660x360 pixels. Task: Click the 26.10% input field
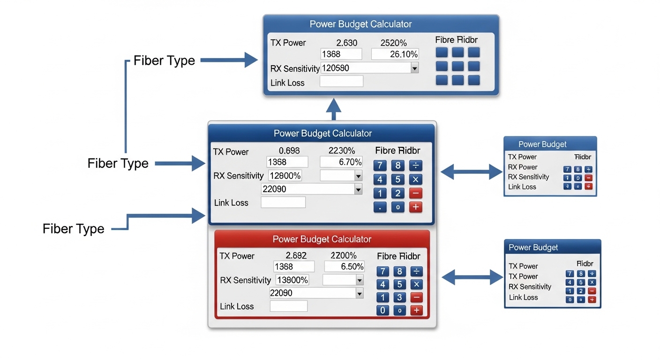click(x=394, y=54)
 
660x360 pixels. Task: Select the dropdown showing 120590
click(x=369, y=68)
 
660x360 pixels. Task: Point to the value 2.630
click(x=347, y=43)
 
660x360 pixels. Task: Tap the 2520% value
click(x=393, y=43)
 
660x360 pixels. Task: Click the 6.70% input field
click(x=341, y=162)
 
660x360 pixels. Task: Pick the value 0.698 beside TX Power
click(x=289, y=151)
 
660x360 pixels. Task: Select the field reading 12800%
click(x=285, y=176)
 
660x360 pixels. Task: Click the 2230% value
click(x=341, y=151)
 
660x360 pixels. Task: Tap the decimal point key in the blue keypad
click(x=380, y=207)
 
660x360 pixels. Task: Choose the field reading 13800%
click(x=292, y=280)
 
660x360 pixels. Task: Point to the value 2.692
click(x=296, y=255)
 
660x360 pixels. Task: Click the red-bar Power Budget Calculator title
click(x=322, y=239)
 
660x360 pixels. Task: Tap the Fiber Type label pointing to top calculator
click(x=164, y=60)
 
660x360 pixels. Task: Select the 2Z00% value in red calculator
click(x=344, y=255)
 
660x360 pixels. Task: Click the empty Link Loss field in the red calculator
click(x=289, y=306)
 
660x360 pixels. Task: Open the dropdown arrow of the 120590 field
click(x=414, y=68)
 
